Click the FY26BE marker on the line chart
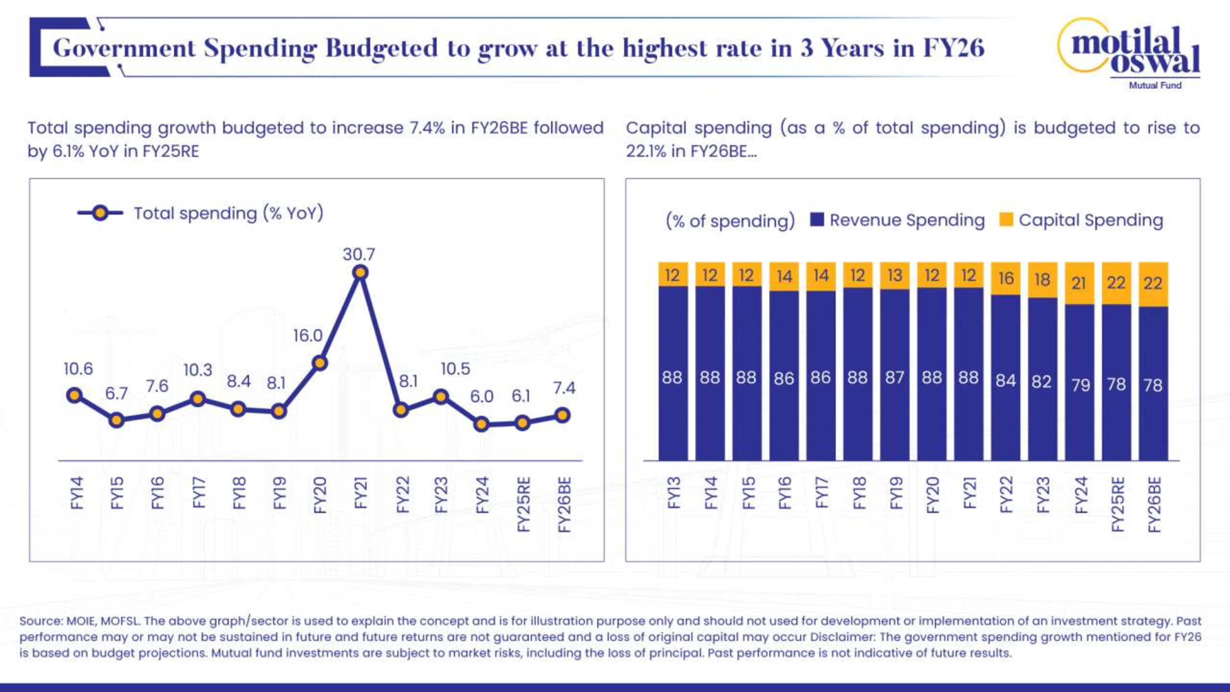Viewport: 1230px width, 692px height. click(x=563, y=415)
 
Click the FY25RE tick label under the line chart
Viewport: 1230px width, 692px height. click(x=524, y=504)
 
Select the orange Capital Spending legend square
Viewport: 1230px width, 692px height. click(x=1006, y=220)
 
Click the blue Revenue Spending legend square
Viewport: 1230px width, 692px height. click(x=817, y=220)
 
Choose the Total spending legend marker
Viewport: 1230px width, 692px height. click(x=100, y=213)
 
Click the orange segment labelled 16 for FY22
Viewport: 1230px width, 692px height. click(x=1006, y=278)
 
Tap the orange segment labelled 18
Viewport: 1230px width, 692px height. click(x=1042, y=280)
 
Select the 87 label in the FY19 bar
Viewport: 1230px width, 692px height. click(x=894, y=378)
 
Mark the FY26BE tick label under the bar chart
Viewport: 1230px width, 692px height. click(x=1154, y=504)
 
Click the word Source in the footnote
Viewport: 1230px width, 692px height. click(x=41, y=621)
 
